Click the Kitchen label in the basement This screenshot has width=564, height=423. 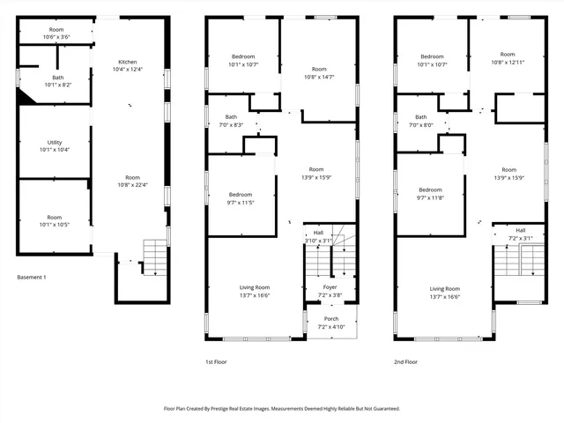point(129,62)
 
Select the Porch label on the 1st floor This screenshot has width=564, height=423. point(331,319)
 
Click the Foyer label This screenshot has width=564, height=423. point(330,286)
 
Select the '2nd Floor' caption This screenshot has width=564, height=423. point(405,361)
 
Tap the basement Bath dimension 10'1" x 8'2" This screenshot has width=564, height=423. point(58,85)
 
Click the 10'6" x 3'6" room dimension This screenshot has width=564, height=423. point(56,37)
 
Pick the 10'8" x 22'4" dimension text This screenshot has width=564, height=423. point(132,184)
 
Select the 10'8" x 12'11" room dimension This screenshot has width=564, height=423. point(508,63)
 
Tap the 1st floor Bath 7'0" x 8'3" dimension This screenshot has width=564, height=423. point(231,125)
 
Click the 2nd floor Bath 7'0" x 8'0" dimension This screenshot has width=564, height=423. point(421,125)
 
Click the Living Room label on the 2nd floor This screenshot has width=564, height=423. point(445,289)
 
